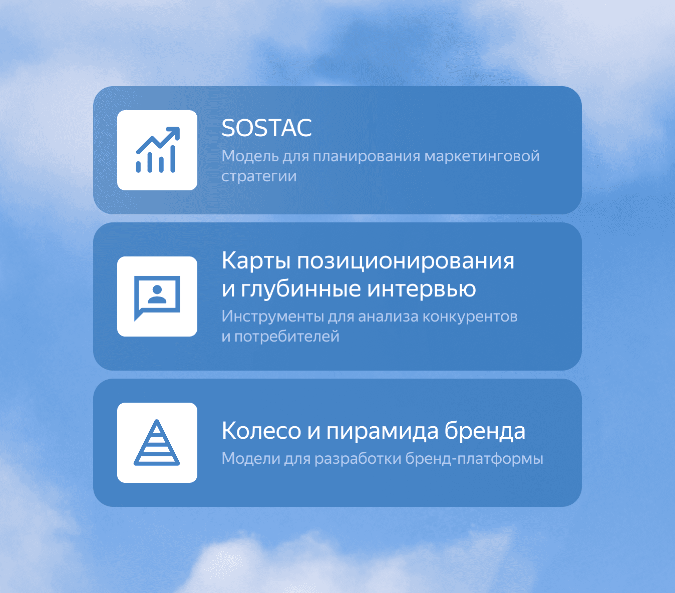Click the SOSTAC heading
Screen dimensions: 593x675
266,128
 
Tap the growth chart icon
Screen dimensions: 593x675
157,150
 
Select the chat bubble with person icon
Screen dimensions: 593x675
157,297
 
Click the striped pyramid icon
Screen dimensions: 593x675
157,443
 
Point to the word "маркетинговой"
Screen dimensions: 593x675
482,156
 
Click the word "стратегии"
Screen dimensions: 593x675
259,176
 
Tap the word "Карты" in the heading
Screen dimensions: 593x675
255,261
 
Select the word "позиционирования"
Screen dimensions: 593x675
406,261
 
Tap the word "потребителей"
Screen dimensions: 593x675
286,337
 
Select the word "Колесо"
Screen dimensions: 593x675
261,431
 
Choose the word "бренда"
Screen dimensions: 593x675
485,431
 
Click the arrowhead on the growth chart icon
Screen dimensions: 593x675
174,132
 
